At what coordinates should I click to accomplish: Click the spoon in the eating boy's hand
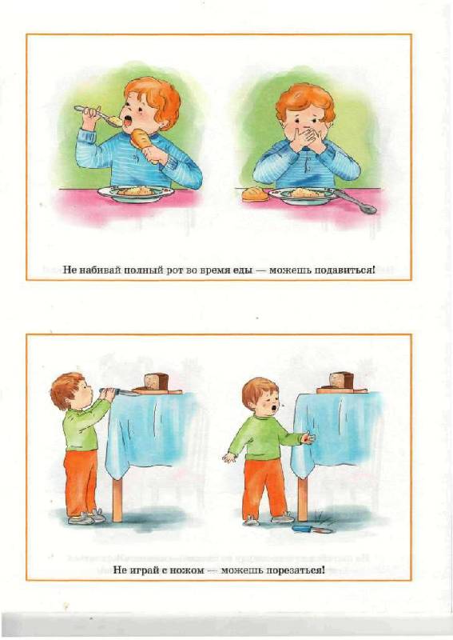coord(97,114)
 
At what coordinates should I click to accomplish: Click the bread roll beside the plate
coord(255,194)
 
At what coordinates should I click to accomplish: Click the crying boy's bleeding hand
coord(308,438)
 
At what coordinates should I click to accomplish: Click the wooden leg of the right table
coord(302,499)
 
